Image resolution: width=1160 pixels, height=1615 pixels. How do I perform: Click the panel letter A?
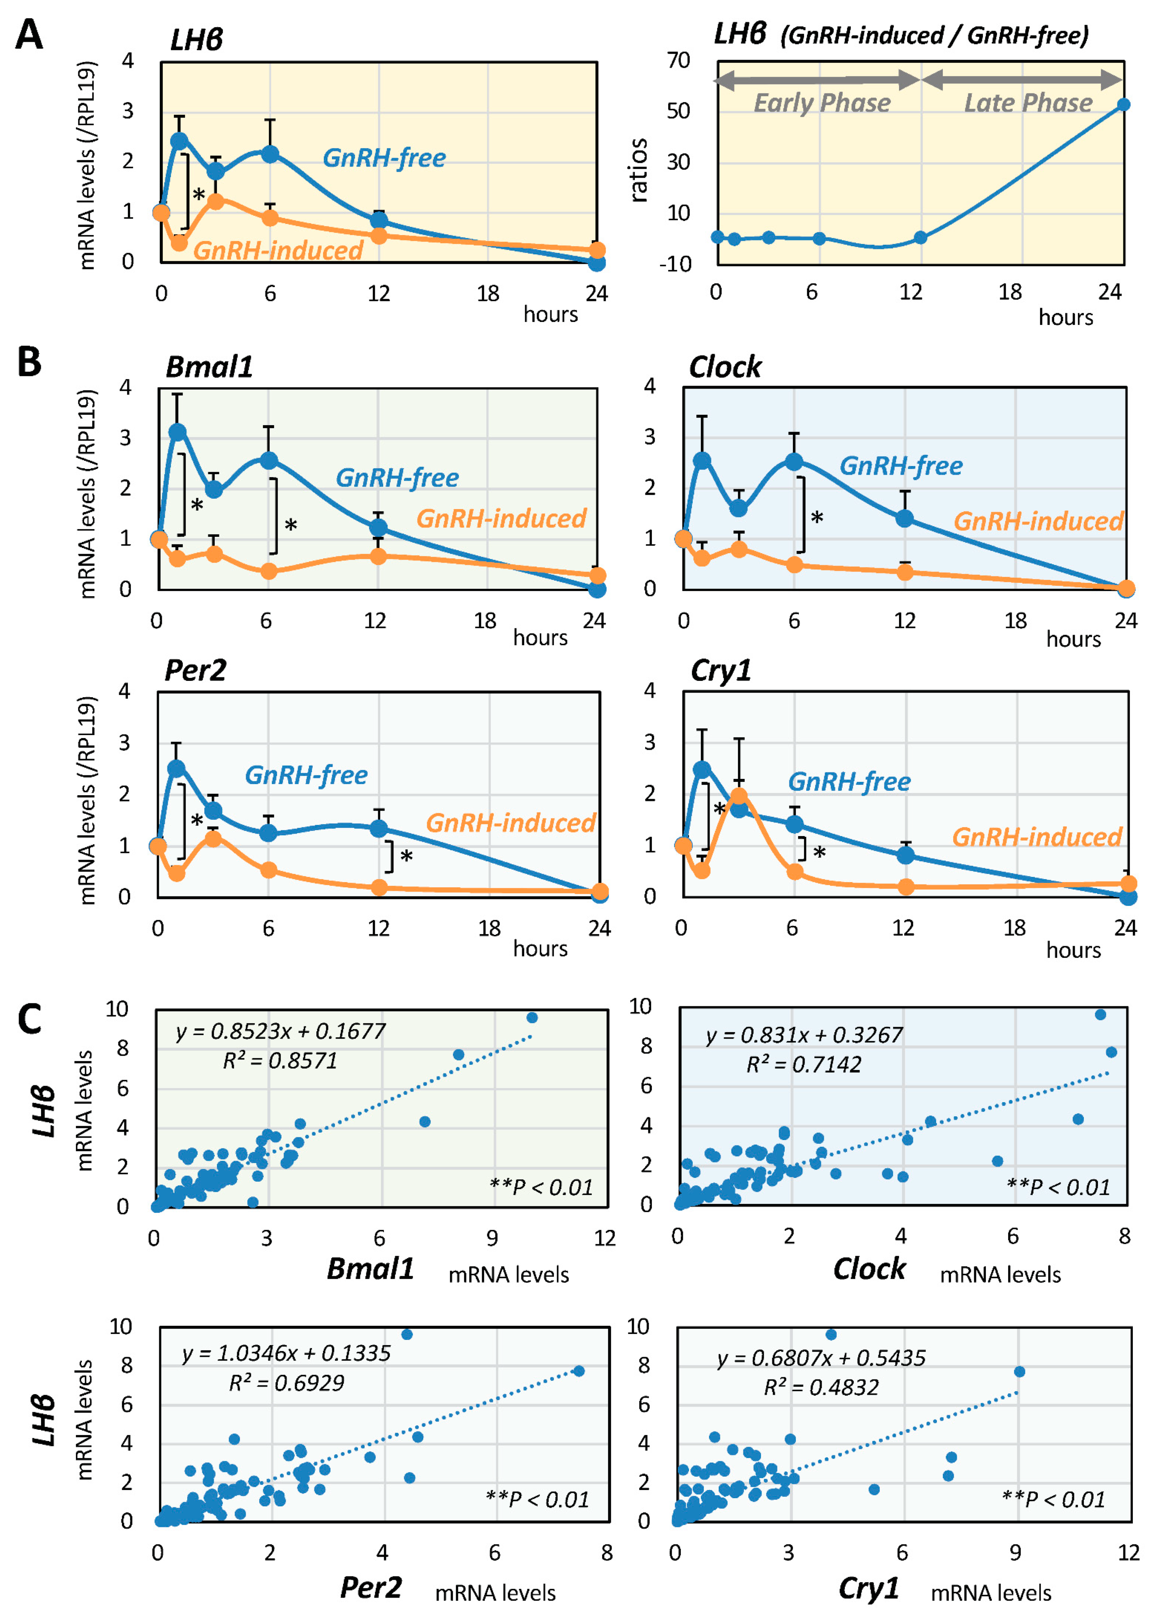pos(29,34)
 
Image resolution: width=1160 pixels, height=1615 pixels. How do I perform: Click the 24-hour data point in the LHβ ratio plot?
pos(1123,105)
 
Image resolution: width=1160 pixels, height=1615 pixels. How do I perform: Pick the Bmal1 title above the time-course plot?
pos(209,367)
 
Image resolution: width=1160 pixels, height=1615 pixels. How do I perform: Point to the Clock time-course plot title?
pos(725,367)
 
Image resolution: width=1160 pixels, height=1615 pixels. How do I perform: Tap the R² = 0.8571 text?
pos(280,1061)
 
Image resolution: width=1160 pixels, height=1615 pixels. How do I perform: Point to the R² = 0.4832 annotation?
pos(821,1387)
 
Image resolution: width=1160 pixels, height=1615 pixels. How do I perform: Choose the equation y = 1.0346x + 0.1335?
pos(286,1353)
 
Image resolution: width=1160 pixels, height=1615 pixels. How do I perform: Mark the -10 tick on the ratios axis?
pos(675,264)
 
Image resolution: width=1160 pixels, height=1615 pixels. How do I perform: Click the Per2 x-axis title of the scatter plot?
pos(371,1587)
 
